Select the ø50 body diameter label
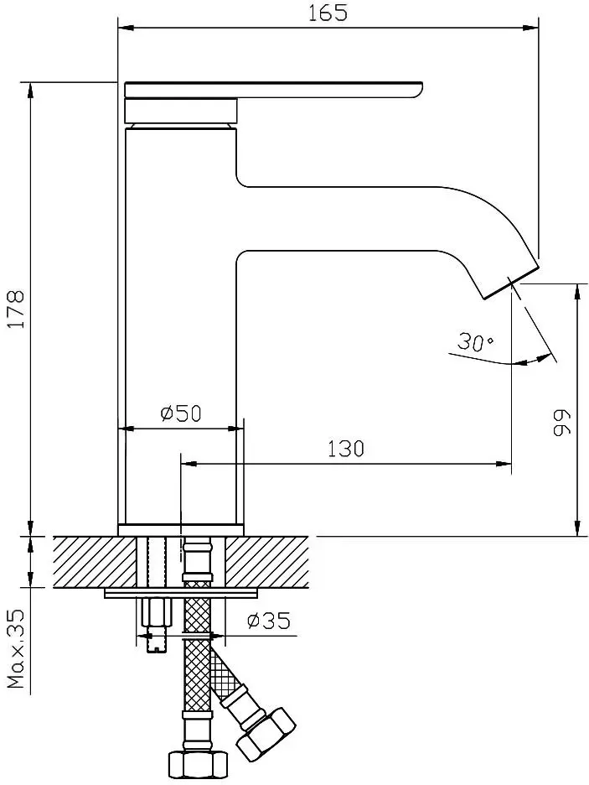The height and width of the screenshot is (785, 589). coord(180,413)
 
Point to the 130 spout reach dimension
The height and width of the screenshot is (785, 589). coord(346,449)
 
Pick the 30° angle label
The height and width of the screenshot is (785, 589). coord(475,342)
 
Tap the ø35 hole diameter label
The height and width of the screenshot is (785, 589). coord(269,621)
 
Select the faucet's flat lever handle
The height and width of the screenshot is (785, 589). coord(272,90)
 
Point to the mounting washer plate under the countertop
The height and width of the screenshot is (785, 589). coord(180,593)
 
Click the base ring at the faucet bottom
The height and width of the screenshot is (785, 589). coord(180,529)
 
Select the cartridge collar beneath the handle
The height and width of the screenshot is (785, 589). coord(180,110)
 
